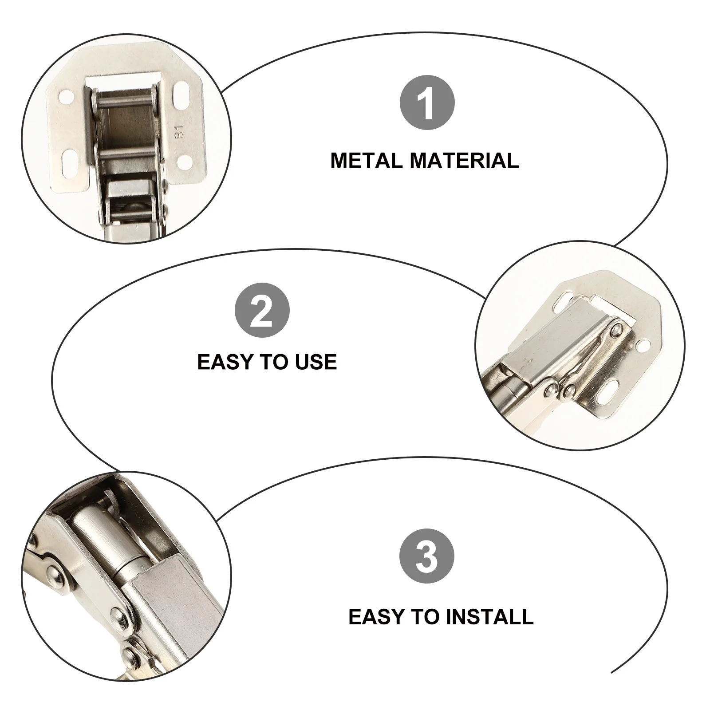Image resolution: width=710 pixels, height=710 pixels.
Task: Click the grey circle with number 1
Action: pyautogui.click(x=427, y=103)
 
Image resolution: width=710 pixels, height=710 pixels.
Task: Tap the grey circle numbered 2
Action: pyautogui.click(x=262, y=311)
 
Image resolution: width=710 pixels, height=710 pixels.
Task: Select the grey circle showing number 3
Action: pyautogui.click(x=427, y=556)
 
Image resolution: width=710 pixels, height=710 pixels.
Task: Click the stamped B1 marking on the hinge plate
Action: pyautogui.click(x=179, y=132)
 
